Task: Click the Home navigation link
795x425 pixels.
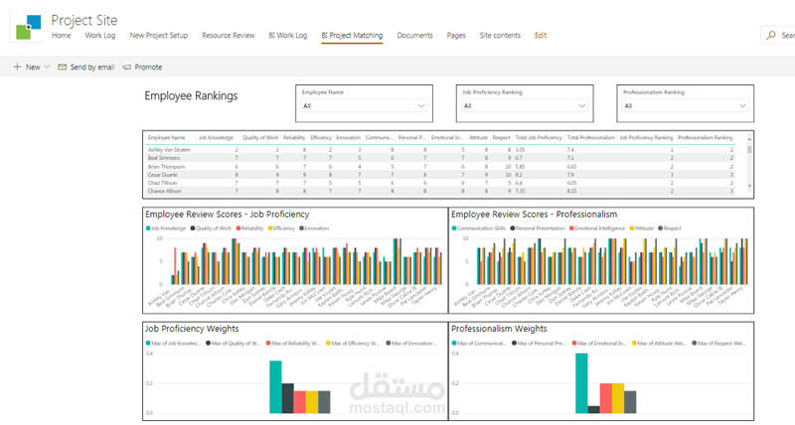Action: click(x=61, y=36)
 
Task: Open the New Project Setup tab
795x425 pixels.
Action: click(x=159, y=36)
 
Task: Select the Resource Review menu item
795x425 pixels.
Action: click(x=229, y=36)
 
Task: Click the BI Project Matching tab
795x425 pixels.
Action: click(x=352, y=36)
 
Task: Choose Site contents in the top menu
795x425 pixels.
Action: click(x=500, y=36)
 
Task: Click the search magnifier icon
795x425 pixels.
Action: click(x=772, y=35)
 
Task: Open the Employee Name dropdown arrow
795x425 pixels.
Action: click(x=422, y=105)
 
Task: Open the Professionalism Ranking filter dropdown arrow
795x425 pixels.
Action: click(x=742, y=105)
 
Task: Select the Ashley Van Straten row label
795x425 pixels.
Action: click(x=169, y=149)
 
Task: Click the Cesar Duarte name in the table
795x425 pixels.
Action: click(x=162, y=174)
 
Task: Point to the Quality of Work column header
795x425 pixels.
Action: click(x=260, y=137)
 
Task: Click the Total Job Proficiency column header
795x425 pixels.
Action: click(x=538, y=137)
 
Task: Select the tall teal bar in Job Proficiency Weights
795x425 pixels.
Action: click(x=275, y=386)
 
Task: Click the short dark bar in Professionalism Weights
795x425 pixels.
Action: click(x=594, y=408)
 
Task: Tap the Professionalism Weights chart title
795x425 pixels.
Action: click(x=499, y=328)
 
